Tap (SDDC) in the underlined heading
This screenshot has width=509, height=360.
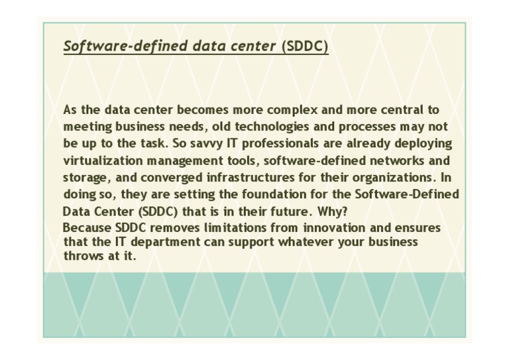pyautogui.click(x=305, y=46)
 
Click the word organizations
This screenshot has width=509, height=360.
pyautogui.click(x=378, y=178)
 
